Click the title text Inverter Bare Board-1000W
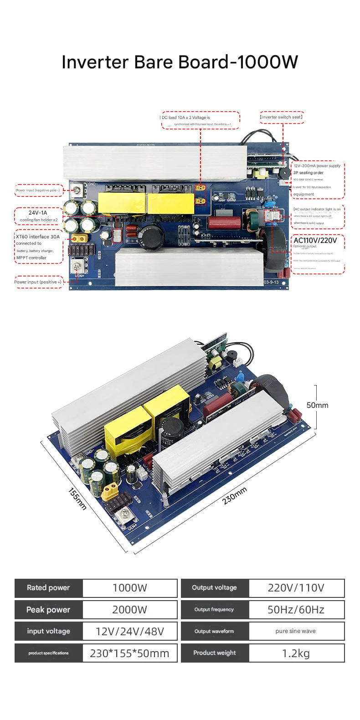[x=180, y=62]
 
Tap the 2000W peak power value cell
[x=130, y=610]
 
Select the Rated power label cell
[x=48, y=588]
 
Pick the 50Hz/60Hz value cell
[x=296, y=610]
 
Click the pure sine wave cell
[x=296, y=631]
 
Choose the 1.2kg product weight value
[x=296, y=653]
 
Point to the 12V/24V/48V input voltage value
[x=130, y=631]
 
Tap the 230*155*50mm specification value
[x=130, y=653]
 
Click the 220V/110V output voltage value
[x=296, y=588]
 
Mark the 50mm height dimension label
[x=317, y=405]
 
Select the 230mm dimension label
[x=235, y=495]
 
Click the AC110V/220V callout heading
[x=315, y=240]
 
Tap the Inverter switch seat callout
[x=282, y=117]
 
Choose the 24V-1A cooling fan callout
[x=38, y=216]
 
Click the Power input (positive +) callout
[x=38, y=282]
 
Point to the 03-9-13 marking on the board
[x=271, y=282]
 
